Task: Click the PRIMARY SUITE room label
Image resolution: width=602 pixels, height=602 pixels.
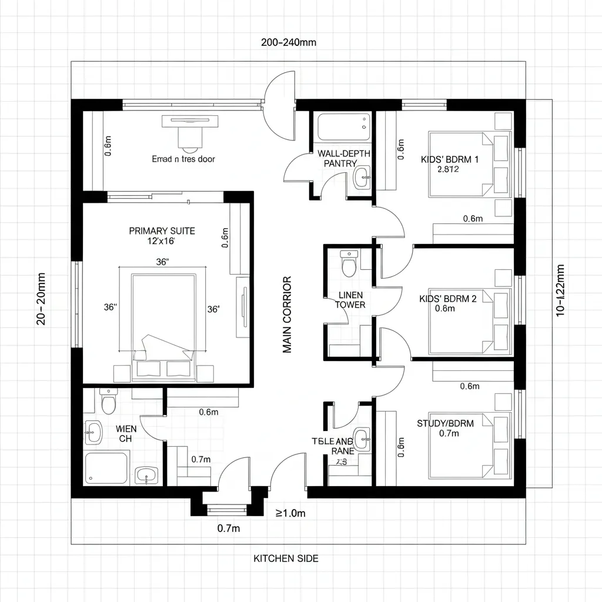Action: click(x=162, y=231)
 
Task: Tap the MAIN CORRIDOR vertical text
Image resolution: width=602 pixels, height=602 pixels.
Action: click(x=287, y=315)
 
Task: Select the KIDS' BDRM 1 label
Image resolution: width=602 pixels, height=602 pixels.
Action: click(x=450, y=159)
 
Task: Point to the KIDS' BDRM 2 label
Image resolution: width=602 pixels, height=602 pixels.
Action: click(x=448, y=299)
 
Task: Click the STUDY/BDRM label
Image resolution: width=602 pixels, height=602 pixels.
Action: click(x=445, y=423)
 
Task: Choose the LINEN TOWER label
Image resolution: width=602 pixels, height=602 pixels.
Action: click(x=350, y=300)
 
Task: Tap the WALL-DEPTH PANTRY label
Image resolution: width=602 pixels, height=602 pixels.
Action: click(x=340, y=158)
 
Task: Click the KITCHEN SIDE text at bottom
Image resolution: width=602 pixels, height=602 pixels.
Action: click(x=286, y=558)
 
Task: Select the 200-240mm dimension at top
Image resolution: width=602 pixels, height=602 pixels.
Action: click(x=289, y=42)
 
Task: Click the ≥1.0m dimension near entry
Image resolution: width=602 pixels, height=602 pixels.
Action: click(x=291, y=513)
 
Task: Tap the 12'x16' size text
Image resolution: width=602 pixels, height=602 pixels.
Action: click(x=162, y=241)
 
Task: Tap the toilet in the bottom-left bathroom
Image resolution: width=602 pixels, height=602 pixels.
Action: click(x=108, y=402)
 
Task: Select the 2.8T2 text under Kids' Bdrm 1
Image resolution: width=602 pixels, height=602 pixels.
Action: click(x=448, y=169)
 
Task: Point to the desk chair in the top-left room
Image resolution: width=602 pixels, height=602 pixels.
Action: click(x=189, y=139)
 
